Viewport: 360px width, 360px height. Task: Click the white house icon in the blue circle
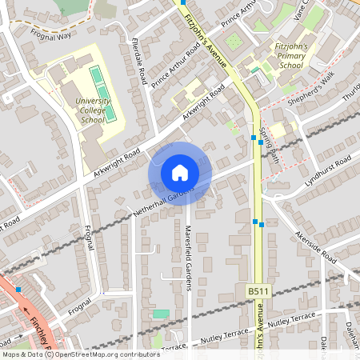click(x=180, y=173)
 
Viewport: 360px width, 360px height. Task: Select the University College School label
click(x=94, y=110)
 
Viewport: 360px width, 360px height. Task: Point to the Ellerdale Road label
click(x=137, y=62)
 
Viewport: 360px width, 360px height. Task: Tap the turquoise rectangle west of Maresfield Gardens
click(x=161, y=314)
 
